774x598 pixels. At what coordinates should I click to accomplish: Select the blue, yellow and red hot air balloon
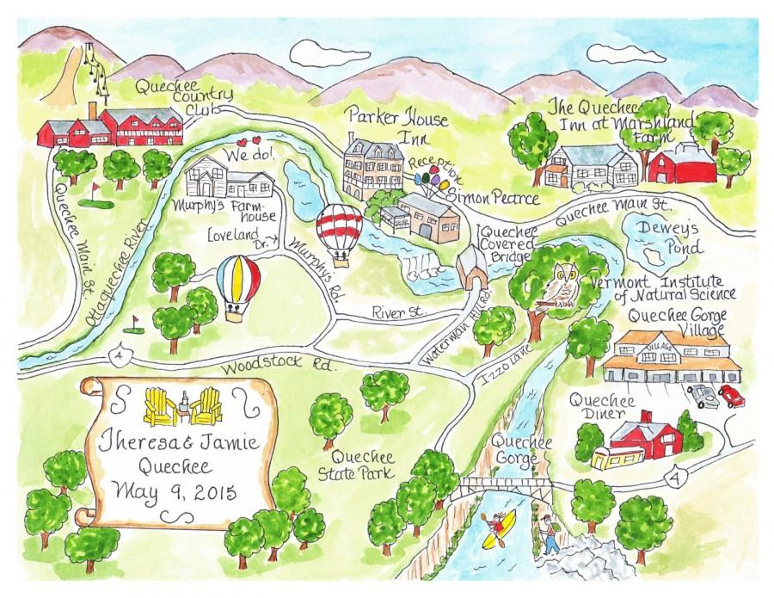(x=237, y=284)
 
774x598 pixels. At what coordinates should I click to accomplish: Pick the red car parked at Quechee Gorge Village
(x=732, y=396)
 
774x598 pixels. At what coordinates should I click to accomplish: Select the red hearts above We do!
(x=248, y=142)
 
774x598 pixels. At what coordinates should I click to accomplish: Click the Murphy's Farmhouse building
(x=230, y=180)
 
